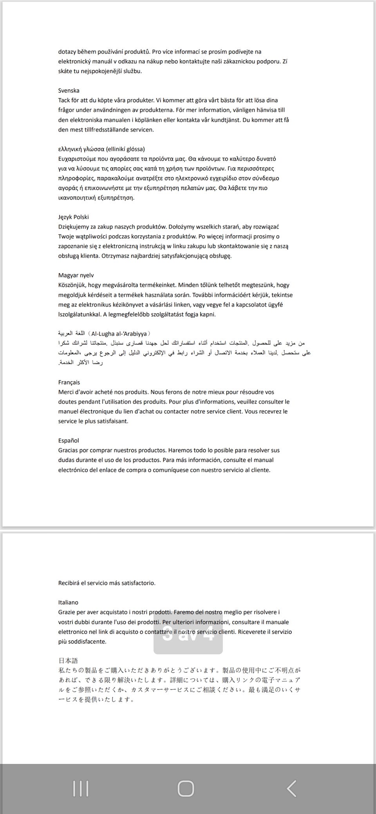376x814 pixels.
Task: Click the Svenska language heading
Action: point(69,90)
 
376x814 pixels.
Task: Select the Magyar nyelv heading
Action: point(76,275)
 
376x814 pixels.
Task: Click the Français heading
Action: point(69,382)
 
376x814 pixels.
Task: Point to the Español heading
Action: point(69,440)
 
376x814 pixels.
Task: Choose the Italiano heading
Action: point(68,602)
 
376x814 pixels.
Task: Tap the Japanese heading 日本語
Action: point(68,661)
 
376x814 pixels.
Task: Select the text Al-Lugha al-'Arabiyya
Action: point(119,333)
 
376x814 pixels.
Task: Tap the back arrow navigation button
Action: point(291,789)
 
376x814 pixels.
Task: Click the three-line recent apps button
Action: point(81,789)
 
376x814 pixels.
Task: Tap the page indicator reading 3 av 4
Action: point(188,635)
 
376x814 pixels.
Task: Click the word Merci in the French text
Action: point(66,392)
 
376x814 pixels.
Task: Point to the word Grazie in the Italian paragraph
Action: point(67,612)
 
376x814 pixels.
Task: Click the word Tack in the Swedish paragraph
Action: point(65,100)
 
